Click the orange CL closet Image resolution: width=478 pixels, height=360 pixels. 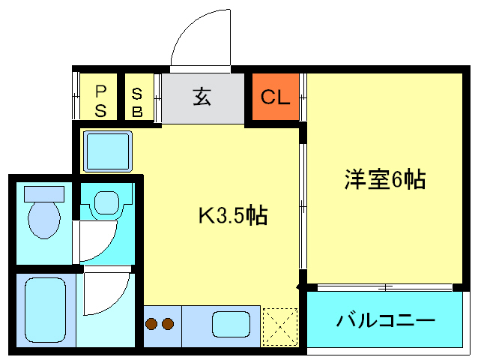pyautogui.click(x=276, y=97)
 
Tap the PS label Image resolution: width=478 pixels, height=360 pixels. pyautogui.click(x=100, y=101)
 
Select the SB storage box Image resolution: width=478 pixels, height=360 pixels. pyautogui.click(x=139, y=97)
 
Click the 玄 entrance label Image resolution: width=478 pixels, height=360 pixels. pyautogui.click(x=202, y=97)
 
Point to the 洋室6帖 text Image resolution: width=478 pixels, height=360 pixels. pyautogui.click(x=385, y=179)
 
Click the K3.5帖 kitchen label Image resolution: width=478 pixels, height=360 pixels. pyautogui.click(x=233, y=215)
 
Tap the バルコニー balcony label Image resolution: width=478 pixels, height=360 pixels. pyautogui.click(x=385, y=320)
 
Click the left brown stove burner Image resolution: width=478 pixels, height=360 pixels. pyautogui.click(x=151, y=324)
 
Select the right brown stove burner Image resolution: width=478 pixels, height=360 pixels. pyautogui.click(x=168, y=324)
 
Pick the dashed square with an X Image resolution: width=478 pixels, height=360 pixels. pyautogui.click(x=280, y=327)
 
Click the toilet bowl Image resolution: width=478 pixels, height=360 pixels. pyautogui.click(x=44, y=219)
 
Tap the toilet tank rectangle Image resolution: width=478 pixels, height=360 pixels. pyautogui.click(x=44, y=194)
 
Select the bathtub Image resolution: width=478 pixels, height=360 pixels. pyautogui.click(x=46, y=310)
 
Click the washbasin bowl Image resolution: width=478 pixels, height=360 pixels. pyautogui.click(x=106, y=202)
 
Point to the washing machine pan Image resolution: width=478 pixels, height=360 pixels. pyautogui.click(x=107, y=151)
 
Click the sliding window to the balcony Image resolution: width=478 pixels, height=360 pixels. pyautogui.click(x=384, y=287)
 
